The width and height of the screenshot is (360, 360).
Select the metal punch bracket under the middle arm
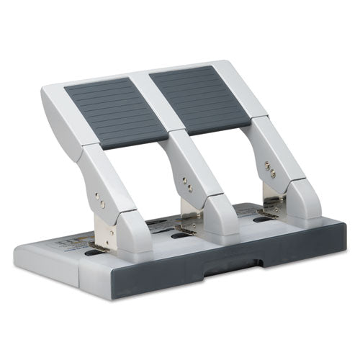(189, 210)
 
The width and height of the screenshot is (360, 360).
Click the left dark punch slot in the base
(94, 253)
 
